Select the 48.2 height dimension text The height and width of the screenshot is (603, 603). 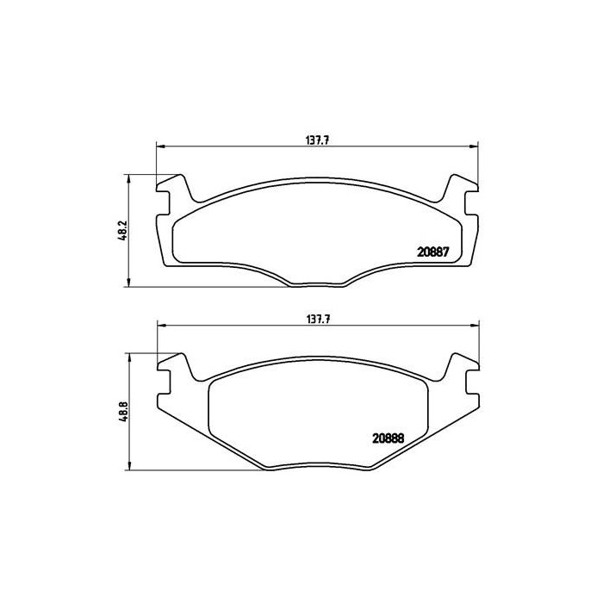click(121, 232)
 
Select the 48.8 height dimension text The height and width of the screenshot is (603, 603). click(121, 411)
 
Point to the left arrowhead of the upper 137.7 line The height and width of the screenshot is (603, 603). click(159, 147)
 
